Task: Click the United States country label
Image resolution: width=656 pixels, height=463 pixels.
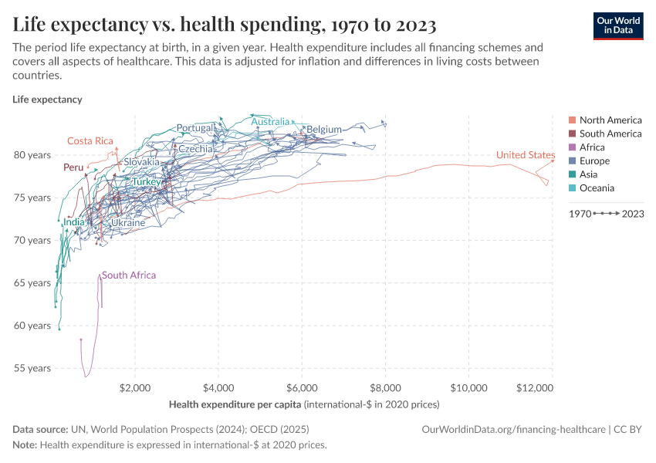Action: [525, 155]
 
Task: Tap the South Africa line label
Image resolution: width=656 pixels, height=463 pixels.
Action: [128, 275]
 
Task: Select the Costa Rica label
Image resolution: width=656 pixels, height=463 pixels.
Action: [90, 140]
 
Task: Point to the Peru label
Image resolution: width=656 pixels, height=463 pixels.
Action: [73, 167]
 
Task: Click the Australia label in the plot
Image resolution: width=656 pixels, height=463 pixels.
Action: [270, 122]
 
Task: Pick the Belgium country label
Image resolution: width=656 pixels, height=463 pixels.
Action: [323, 130]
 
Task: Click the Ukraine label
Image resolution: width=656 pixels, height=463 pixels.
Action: [128, 223]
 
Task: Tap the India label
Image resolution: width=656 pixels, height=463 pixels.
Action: [74, 222]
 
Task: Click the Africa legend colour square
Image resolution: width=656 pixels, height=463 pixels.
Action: [572, 147]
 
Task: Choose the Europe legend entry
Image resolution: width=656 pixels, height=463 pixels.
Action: [594, 161]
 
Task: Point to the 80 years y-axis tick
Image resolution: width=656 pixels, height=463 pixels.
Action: [32, 155]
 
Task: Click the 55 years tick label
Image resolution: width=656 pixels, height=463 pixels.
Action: [32, 368]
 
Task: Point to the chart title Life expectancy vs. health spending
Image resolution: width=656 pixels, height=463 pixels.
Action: [225, 25]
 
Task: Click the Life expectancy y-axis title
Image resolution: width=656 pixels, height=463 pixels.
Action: [47, 100]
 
